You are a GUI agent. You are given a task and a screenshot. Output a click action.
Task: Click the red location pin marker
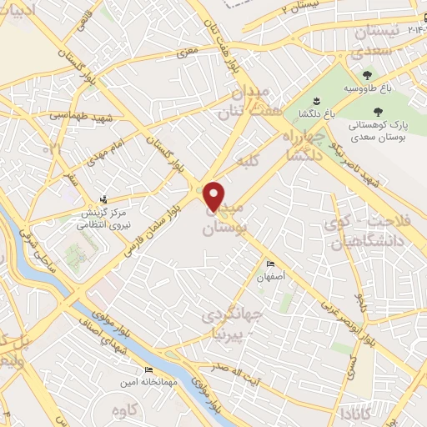coord(214,195)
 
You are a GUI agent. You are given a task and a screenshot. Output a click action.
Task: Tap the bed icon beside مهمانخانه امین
coord(148,369)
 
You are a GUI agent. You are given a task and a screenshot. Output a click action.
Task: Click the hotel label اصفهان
coord(271,274)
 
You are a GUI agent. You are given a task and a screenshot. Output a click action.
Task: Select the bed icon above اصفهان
coord(268,261)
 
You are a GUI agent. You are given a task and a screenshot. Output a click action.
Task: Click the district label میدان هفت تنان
coord(244,101)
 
